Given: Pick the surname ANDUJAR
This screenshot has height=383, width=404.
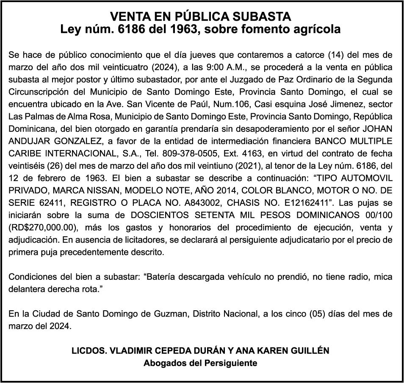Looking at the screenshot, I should tap(29, 141).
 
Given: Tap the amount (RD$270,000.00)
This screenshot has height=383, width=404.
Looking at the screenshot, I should tap(42, 227).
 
